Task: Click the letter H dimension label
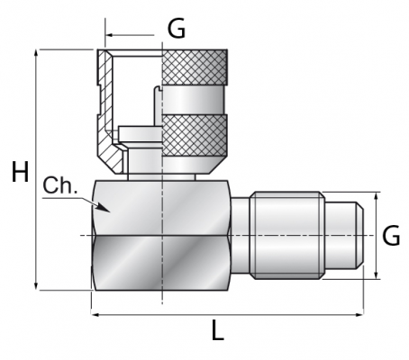[20, 172]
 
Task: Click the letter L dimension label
[218, 330]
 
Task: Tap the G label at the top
[177, 29]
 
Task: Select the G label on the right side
[391, 236]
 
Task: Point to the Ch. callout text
[60, 185]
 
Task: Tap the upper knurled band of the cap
[195, 67]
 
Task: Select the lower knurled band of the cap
[195, 135]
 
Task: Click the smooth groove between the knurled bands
[193, 100]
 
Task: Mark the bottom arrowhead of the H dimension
[36, 285]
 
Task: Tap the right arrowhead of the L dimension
[359, 315]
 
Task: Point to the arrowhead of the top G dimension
[110, 35]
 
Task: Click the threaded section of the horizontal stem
[287, 236]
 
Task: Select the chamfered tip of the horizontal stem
[359, 236]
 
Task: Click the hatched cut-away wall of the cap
[107, 111]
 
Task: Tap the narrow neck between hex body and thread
[241, 236]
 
